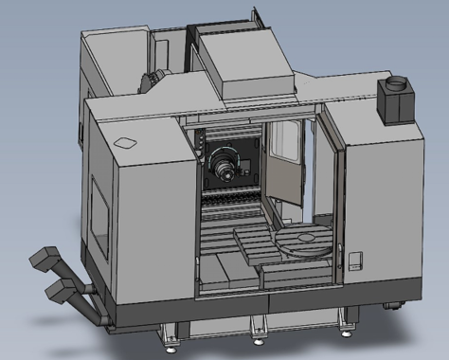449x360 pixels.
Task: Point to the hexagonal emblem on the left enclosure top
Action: coord(125,143)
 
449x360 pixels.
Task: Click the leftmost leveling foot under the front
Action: coord(171,334)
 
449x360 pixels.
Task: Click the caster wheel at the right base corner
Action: coord(391,306)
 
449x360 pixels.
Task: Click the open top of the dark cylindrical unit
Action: coord(396,83)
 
